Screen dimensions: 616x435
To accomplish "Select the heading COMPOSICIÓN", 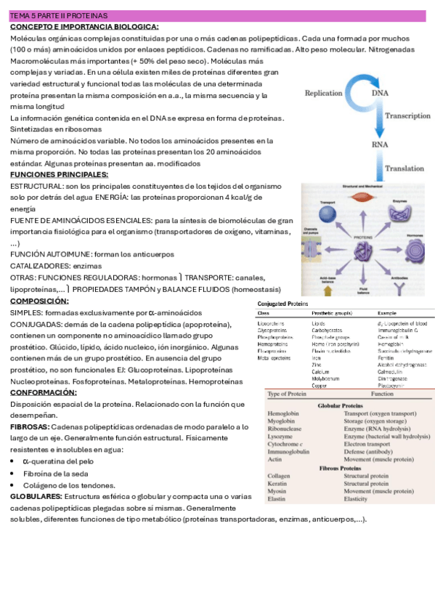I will point(40,301).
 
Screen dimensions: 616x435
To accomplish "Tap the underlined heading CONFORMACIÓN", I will point(44,392).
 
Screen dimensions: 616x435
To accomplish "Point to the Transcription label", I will point(408,115).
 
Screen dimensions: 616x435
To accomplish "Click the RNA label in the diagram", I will point(380,144).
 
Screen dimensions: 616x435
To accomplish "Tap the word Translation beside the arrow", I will point(405,169).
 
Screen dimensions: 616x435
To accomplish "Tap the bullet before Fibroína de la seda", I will point(14,473).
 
